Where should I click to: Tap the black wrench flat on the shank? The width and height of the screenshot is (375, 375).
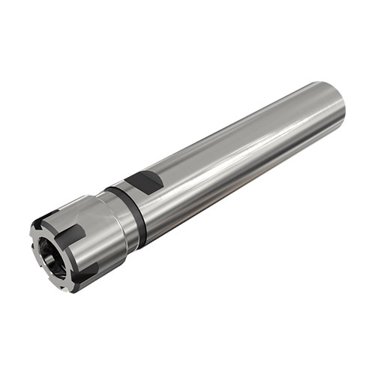(x=145, y=182)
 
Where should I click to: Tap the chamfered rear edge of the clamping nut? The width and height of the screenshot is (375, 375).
(x=108, y=225)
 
